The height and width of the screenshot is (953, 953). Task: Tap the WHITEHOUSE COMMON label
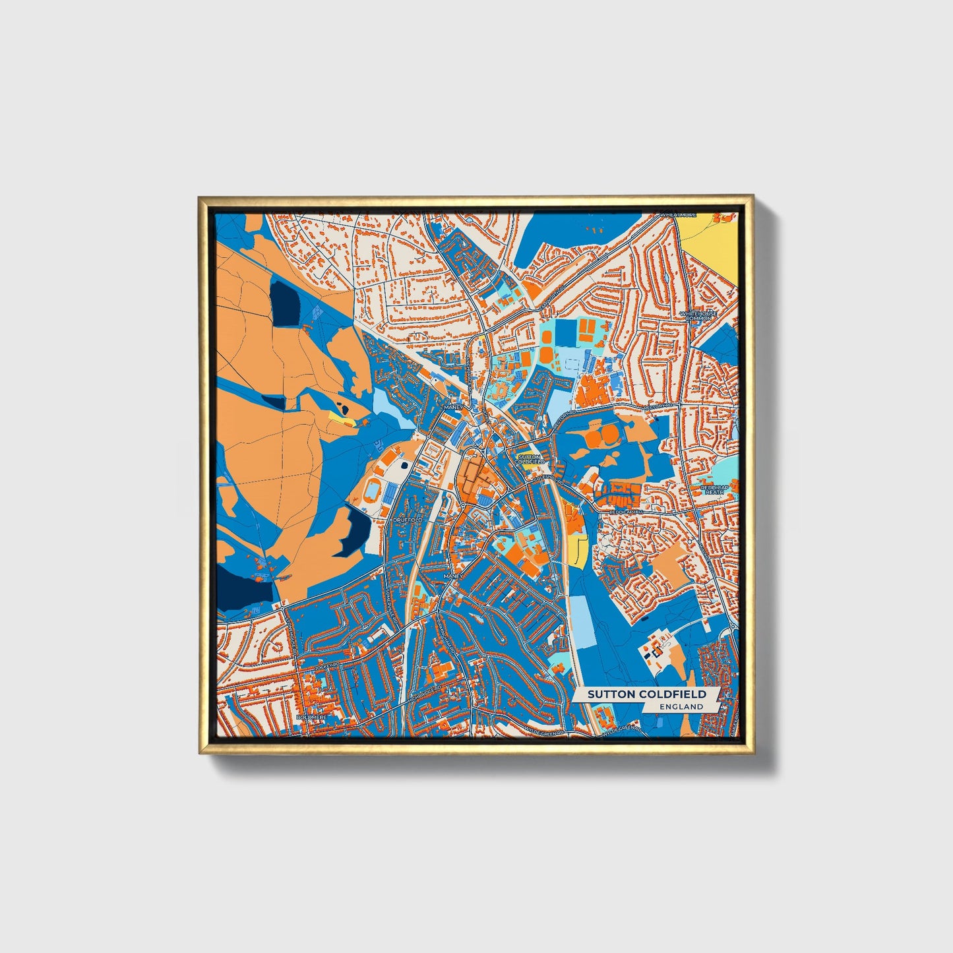tap(699, 316)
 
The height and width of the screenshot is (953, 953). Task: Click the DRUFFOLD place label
tap(407, 520)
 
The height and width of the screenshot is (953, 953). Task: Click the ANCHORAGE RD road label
tap(470, 376)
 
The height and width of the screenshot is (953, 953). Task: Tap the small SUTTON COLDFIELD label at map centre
tap(529, 458)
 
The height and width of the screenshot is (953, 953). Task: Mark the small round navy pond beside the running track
tap(404, 465)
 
